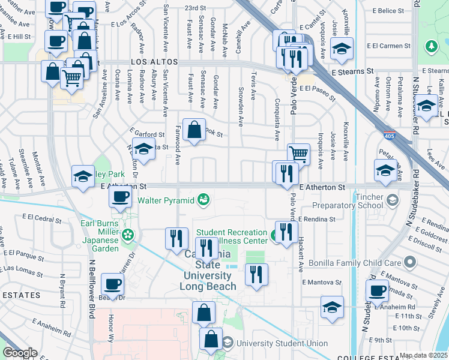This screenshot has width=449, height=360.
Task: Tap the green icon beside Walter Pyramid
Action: click(x=204, y=199)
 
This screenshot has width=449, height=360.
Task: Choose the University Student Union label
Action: click(x=282, y=344)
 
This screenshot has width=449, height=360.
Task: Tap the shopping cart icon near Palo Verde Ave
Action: click(x=298, y=154)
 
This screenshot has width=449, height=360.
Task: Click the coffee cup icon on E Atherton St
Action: click(x=121, y=197)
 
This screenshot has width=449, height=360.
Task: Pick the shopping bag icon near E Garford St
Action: click(x=194, y=129)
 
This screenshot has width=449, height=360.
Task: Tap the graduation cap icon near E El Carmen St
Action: click(x=342, y=49)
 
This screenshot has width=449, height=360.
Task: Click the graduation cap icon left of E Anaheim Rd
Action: click(x=332, y=307)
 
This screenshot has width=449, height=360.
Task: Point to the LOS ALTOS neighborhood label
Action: click(x=155, y=62)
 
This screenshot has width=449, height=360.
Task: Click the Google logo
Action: click(x=20, y=353)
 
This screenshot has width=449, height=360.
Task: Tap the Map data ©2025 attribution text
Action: click(x=424, y=356)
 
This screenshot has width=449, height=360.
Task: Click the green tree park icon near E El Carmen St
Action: click(x=430, y=46)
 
